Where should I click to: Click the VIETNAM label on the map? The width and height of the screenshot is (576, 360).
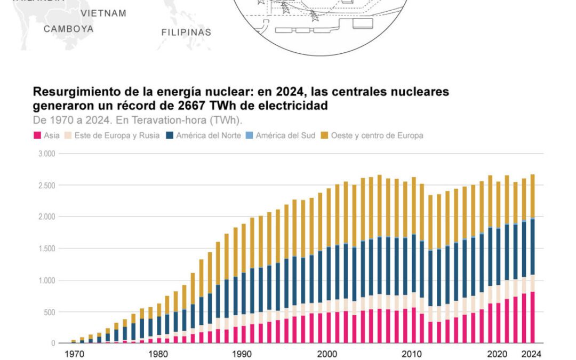103,13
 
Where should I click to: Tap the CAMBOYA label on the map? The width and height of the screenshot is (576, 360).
68,29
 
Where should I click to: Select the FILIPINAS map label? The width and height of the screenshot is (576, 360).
186,32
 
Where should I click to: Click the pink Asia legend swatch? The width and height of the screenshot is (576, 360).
37,135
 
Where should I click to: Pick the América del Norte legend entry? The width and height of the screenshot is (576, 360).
205,135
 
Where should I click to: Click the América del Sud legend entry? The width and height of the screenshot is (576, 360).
285,135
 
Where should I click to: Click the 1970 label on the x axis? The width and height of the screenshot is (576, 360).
74,353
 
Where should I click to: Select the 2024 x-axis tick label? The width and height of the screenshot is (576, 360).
532,353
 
